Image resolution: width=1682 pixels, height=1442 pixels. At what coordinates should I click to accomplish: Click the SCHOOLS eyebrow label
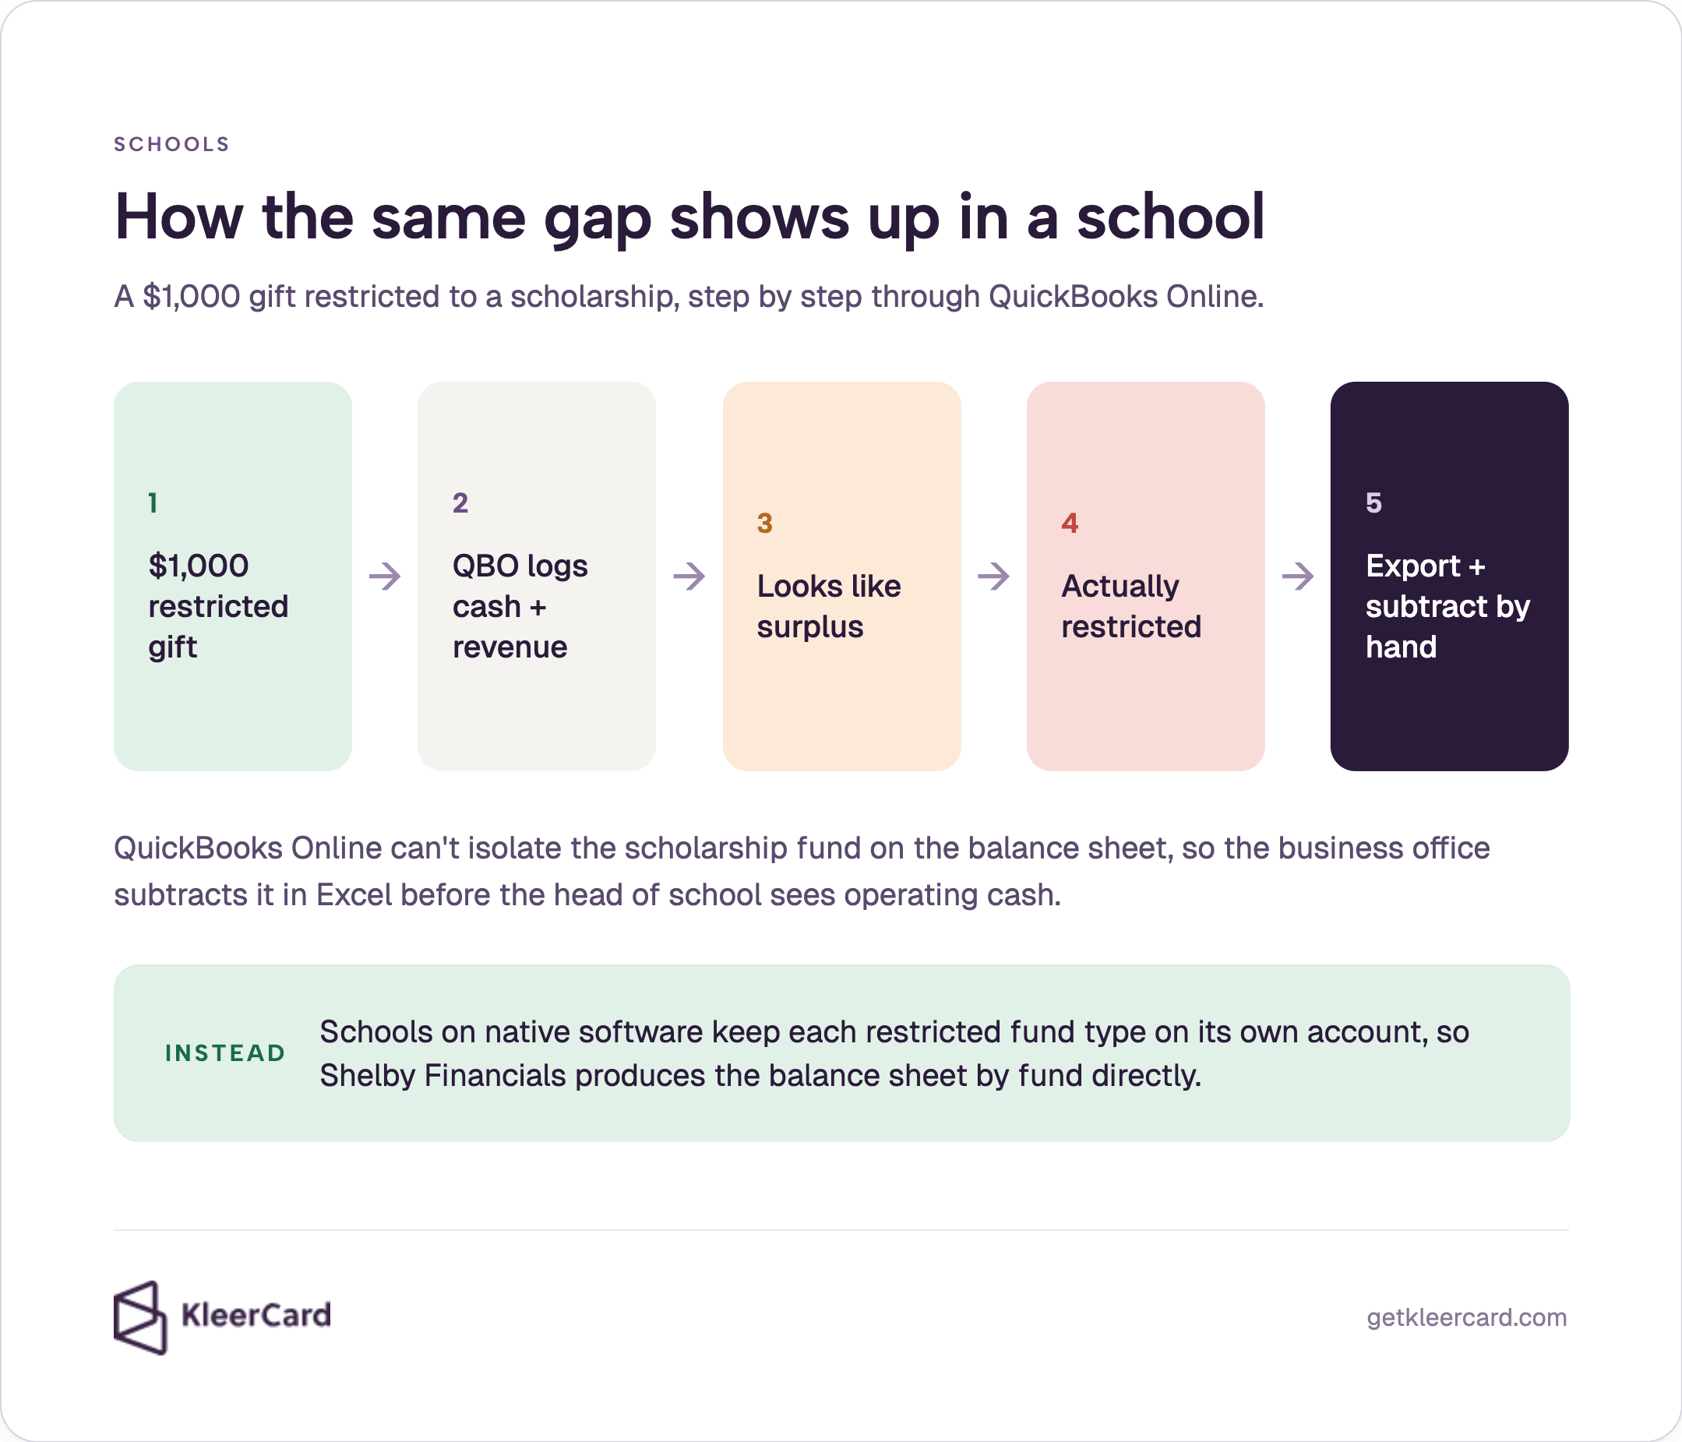pyautogui.click(x=171, y=145)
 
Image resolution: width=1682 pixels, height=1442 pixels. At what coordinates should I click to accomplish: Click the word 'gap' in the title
pyautogui.click(x=597, y=220)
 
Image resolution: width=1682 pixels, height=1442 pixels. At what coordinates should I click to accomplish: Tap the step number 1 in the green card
pyautogui.click(x=153, y=502)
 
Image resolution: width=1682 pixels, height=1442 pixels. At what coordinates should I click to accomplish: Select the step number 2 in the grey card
pyautogui.click(x=460, y=502)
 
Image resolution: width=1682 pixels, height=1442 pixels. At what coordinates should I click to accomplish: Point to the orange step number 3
pyautogui.click(x=765, y=523)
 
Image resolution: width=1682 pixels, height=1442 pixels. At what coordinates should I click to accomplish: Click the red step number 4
pyautogui.click(x=1070, y=523)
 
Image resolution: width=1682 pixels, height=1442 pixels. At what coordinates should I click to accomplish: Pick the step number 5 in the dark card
pyautogui.click(x=1373, y=502)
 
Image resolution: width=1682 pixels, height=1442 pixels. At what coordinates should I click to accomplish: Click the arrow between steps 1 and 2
pyautogui.click(x=385, y=576)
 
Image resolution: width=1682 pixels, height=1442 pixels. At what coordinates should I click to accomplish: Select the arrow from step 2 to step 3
pyautogui.click(x=689, y=576)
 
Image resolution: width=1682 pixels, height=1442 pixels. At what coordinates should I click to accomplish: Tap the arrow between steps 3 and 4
pyautogui.click(x=993, y=576)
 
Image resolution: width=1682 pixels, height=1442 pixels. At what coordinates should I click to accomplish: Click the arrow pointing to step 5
pyautogui.click(x=1298, y=576)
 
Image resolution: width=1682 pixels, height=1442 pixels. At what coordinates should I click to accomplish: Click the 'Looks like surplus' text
pyautogui.click(x=829, y=607)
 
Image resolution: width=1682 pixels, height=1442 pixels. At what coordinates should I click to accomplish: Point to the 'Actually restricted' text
pyautogui.click(x=1130, y=607)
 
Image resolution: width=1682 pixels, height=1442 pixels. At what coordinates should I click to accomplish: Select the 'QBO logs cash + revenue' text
pyautogui.click(x=520, y=607)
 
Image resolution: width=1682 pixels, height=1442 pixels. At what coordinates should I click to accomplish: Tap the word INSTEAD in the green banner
pyautogui.click(x=225, y=1053)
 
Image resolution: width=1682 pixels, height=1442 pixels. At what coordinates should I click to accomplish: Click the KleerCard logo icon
pyautogui.click(x=140, y=1318)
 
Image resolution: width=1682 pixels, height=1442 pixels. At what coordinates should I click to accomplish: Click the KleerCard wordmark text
pyautogui.click(x=256, y=1314)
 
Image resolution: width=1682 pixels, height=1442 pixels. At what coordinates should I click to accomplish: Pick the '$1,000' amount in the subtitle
pyautogui.click(x=192, y=296)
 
